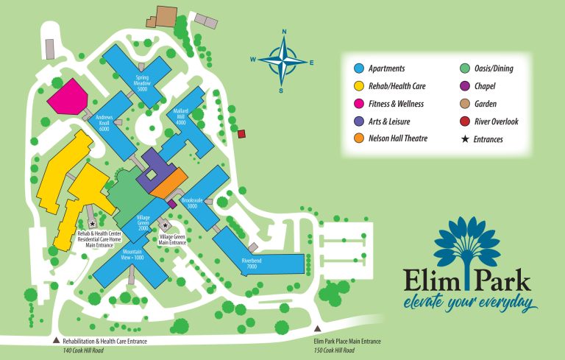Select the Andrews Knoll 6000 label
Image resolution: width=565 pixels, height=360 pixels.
[104, 121]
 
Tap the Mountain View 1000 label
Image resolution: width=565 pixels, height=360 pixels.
[133, 253]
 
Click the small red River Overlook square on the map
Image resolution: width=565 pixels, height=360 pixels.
[241, 133]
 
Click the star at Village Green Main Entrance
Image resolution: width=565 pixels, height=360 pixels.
[166, 225]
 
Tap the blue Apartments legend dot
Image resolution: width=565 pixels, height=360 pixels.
[360, 68]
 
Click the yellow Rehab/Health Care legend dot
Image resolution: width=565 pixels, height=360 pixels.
[360, 86]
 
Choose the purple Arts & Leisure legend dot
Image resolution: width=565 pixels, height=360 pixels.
[360, 121]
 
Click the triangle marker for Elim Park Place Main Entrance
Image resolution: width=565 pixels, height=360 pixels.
[318, 329]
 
